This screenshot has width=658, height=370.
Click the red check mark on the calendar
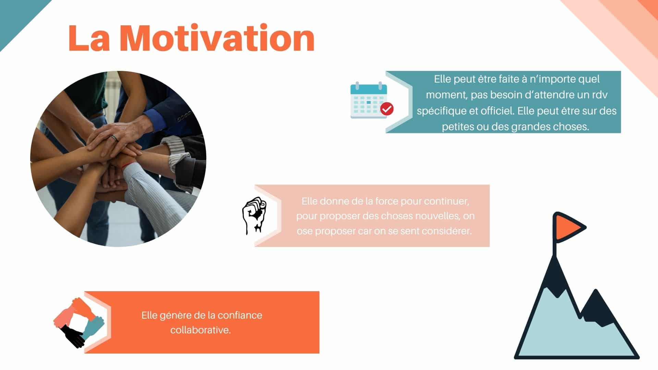pyautogui.click(x=387, y=109)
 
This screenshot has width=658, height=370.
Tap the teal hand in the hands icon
pyautogui.click(x=93, y=327)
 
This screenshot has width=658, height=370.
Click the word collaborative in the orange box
pyautogui.click(x=200, y=330)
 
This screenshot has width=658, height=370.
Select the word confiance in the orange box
pyautogui.click(x=240, y=315)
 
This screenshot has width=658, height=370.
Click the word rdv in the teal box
pyautogui.click(x=600, y=95)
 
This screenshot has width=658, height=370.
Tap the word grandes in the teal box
pyautogui.click(x=531, y=127)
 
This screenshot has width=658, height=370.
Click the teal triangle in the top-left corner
pyautogui.click(x=17, y=17)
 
